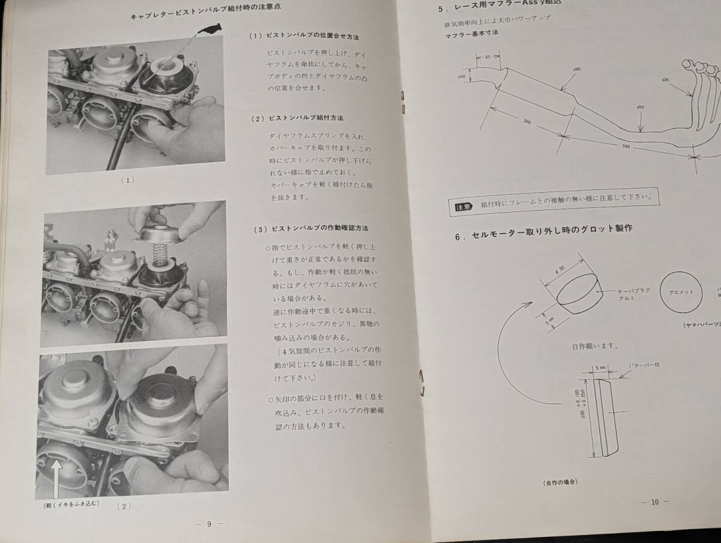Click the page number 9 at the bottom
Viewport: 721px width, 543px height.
pyautogui.click(x=209, y=523)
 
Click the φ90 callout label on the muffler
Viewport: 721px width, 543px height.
pyautogui.click(x=576, y=70)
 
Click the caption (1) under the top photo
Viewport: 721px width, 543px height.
pyautogui.click(x=127, y=180)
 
